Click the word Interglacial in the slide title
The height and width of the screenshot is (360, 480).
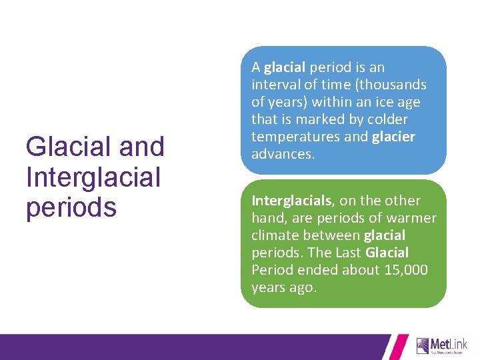pyautogui.click(x=93, y=177)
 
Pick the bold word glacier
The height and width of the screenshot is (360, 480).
pyautogui.click(x=393, y=137)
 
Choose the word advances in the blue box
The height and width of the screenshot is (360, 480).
pyautogui.click(x=281, y=154)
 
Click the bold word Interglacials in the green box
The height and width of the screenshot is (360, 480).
pyautogui.click(x=291, y=201)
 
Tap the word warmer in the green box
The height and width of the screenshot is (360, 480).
pyautogui.click(x=413, y=218)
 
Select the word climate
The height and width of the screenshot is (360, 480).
pyautogui.click(x=275, y=235)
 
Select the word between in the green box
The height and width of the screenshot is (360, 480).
pyautogui.click(x=332, y=235)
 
